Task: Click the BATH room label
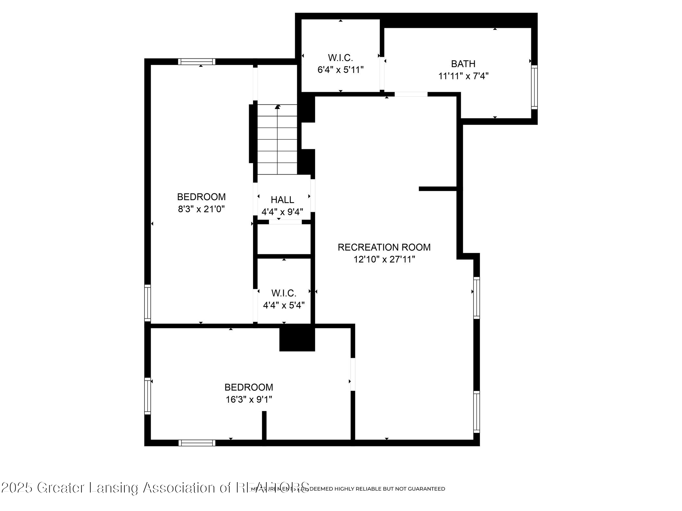463,64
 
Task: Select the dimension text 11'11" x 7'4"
463,76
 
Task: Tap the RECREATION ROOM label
384,247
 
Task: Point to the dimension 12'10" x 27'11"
385,260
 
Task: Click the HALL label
282,200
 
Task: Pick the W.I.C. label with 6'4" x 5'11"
340,58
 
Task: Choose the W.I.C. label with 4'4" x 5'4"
284,293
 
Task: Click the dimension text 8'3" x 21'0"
201,209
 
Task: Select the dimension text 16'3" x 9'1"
249,399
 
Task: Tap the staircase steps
277,140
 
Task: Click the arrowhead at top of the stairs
277,106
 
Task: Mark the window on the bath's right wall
534,87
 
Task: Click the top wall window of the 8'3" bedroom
196,62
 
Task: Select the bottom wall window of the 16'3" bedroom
197,443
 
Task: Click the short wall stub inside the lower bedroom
264,425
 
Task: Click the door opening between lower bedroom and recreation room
353,374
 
